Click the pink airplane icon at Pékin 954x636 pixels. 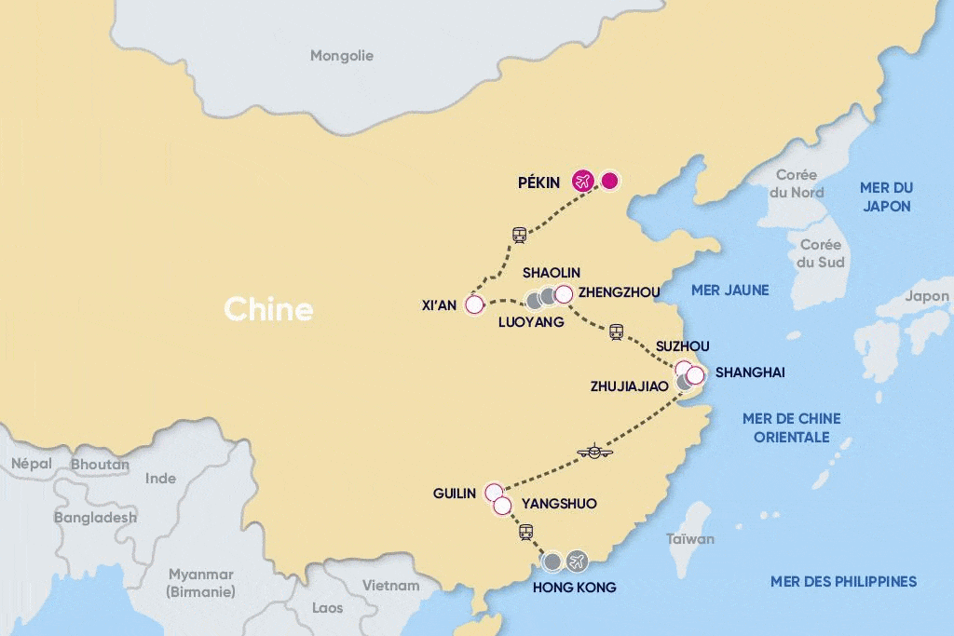click(x=583, y=181)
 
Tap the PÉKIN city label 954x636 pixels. click(x=538, y=183)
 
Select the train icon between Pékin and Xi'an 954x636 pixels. click(x=520, y=235)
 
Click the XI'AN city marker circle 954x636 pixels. click(x=474, y=304)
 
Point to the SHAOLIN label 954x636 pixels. click(x=551, y=273)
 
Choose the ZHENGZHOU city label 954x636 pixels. click(x=619, y=292)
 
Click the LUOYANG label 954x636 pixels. click(x=531, y=322)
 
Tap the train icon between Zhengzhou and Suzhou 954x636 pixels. click(x=616, y=332)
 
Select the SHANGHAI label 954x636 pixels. click(x=750, y=372)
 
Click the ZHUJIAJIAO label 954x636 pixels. click(x=630, y=386)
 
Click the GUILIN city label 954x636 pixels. click(x=455, y=494)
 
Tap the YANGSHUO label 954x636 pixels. click(x=559, y=504)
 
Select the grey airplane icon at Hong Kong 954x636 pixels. click(x=578, y=562)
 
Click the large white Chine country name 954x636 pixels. click(x=268, y=309)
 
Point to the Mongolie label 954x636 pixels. click(x=342, y=56)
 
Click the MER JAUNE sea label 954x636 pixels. click(x=729, y=291)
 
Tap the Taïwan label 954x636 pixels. click(x=690, y=538)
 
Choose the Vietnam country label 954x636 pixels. click(x=390, y=585)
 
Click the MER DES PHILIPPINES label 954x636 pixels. click(x=843, y=581)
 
